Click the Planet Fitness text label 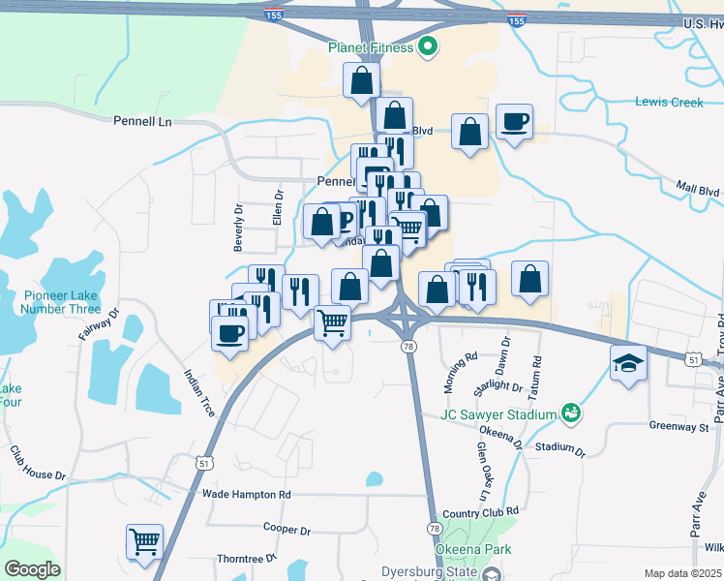pyautogui.click(x=371, y=46)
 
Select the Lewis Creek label pyautogui.click(x=670, y=102)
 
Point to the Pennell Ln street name pyautogui.click(x=141, y=122)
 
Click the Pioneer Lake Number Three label pyautogui.click(x=62, y=302)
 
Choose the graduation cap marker pyautogui.click(x=629, y=363)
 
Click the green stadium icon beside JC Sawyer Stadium pyautogui.click(x=571, y=413)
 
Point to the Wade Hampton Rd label pyautogui.click(x=247, y=494)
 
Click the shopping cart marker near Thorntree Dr pyautogui.click(x=144, y=541)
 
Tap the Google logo pyautogui.click(x=32, y=569)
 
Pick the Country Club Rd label pyautogui.click(x=480, y=511)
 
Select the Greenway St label pyautogui.click(x=679, y=425)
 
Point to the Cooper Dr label pyautogui.click(x=287, y=530)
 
